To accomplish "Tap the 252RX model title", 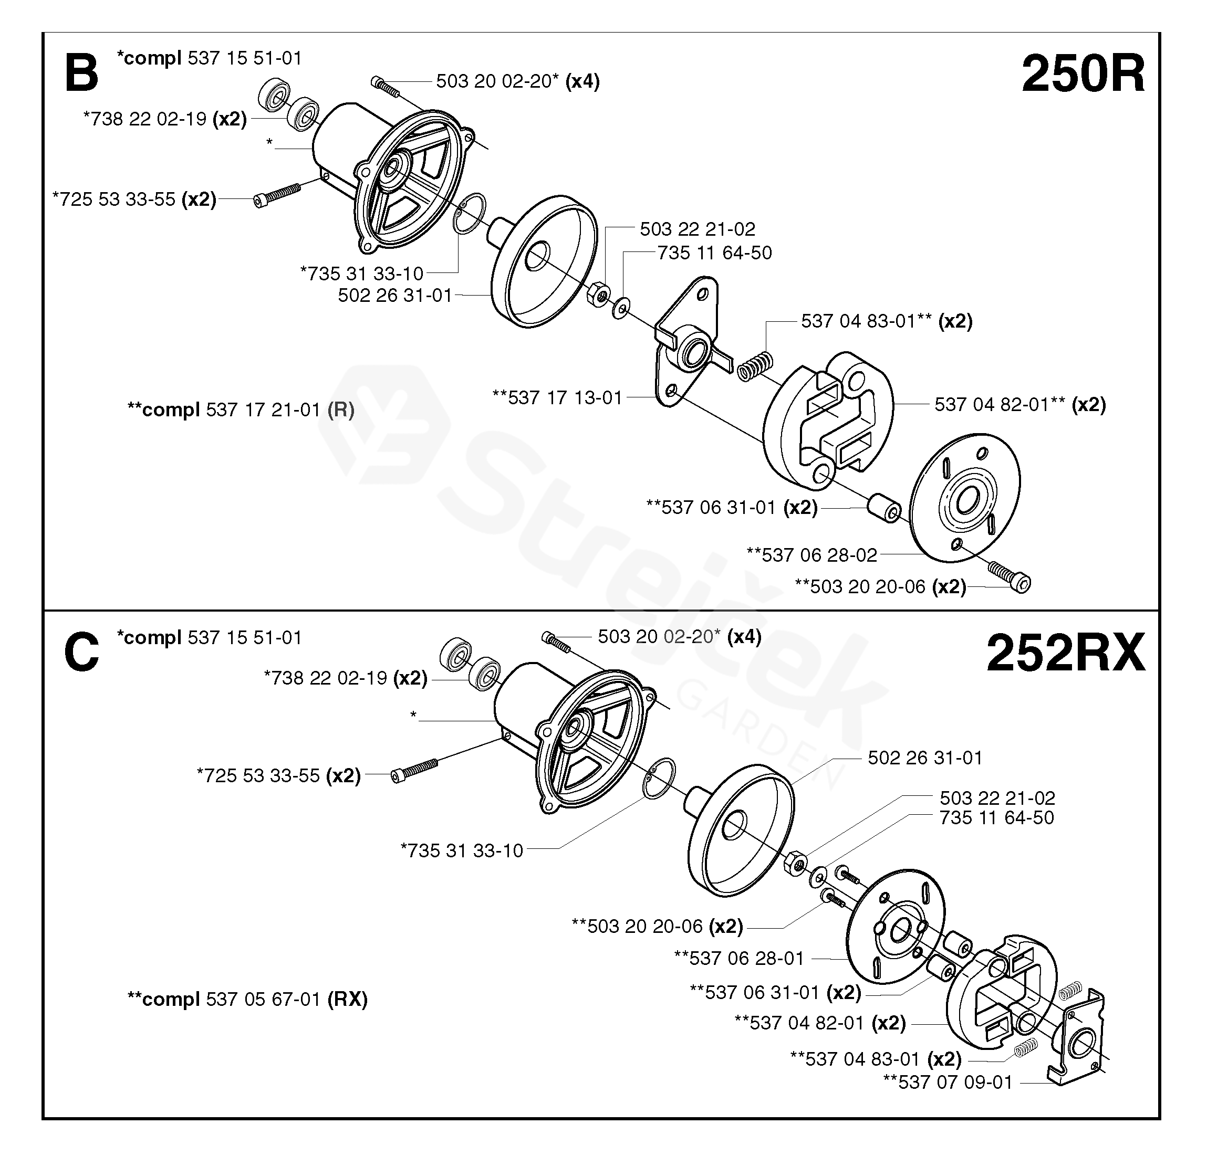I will point(1065,654).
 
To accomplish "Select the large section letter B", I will point(81,74).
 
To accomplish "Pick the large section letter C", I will point(81,653).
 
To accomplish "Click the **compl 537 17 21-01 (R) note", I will point(241,409).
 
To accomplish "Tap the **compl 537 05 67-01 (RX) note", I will point(247,999).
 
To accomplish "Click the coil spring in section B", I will point(755,365).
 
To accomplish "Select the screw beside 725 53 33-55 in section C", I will point(414,770).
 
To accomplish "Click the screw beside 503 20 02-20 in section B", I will point(386,87).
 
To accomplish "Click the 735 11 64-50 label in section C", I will point(996,818).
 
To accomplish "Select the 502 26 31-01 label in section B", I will point(396,296).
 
